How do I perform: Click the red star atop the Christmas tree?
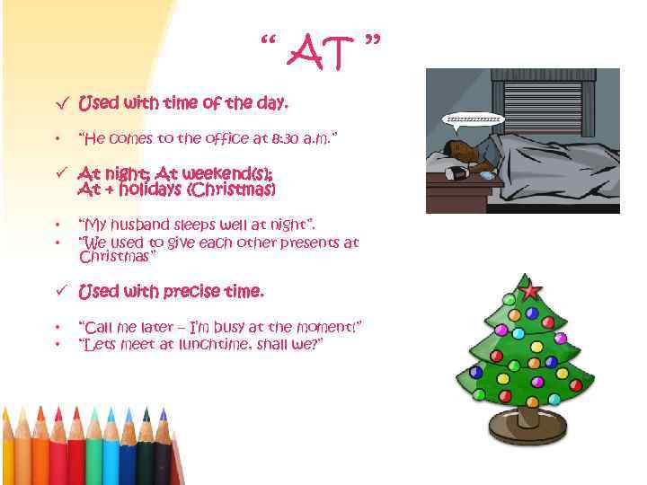(x=531, y=289)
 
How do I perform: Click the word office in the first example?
(x=222, y=139)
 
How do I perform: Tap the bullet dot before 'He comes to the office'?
(x=57, y=140)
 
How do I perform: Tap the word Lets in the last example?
(x=96, y=345)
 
